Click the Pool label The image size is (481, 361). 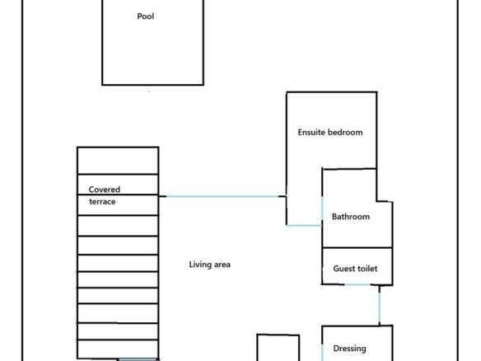point(146,16)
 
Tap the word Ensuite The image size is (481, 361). point(311,133)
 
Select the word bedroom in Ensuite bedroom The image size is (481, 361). point(345,133)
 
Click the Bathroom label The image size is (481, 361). point(351,217)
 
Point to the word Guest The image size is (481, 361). point(344,269)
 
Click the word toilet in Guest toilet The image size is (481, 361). point(367,269)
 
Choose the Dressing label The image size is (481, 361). point(349,349)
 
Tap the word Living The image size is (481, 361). point(198,265)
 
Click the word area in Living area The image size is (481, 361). point(220,265)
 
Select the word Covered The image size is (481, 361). point(105,190)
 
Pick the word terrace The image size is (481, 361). point(102,202)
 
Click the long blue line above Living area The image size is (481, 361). point(222,196)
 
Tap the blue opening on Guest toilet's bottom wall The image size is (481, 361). point(357,285)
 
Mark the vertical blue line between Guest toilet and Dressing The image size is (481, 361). point(380,307)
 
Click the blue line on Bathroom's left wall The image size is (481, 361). point(322,209)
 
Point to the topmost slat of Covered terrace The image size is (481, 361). point(118,161)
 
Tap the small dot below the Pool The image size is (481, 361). point(149,91)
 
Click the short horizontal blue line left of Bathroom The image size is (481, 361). point(304,226)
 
